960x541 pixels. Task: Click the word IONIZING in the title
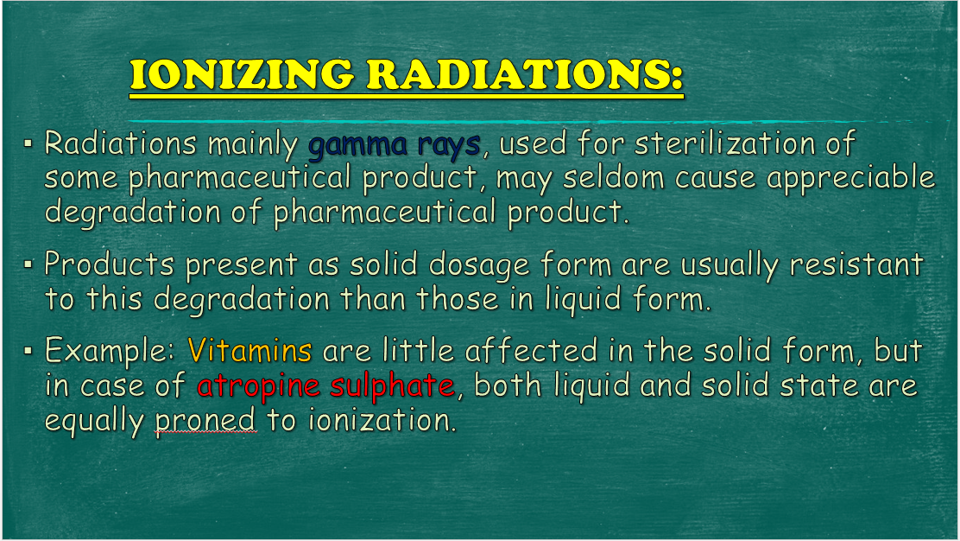click(242, 74)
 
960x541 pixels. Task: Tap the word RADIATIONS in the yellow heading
click(525, 74)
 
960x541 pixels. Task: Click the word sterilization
click(725, 143)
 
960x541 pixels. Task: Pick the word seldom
click(614, 178)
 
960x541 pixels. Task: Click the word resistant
click(856, 264)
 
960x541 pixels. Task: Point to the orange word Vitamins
click(249, 351)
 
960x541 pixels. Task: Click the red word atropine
click(258, 386)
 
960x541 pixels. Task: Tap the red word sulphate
click(392, 386)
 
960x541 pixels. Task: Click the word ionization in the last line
click(382, 420)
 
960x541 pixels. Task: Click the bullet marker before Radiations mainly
click(28, 144)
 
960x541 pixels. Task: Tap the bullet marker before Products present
click(28, 264)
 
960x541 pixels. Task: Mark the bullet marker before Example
click(28, 351)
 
